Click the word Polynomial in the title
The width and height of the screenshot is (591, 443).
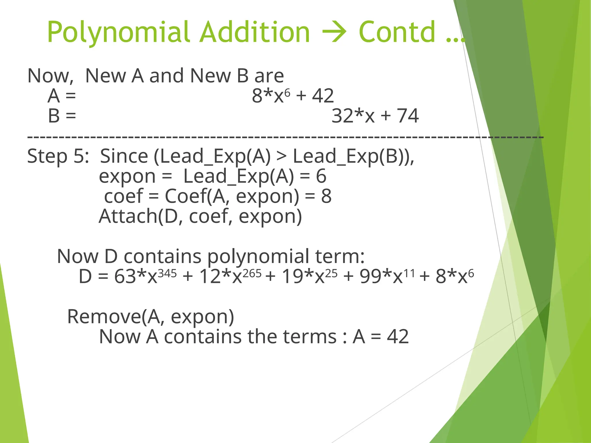click(118, 32)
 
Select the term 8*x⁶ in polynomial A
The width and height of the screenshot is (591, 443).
click(271, 95)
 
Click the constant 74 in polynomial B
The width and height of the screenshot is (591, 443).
click(408, 116)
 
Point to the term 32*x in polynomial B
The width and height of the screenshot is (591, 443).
click(353, 116)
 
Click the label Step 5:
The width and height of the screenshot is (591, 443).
click(58, 156)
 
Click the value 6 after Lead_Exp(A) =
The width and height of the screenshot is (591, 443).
click(321, 176)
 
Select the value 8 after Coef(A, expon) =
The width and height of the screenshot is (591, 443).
click(326, 196)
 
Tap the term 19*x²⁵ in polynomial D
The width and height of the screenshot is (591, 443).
click(309, 276)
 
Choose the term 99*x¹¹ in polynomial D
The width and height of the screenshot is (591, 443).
click(387, 276)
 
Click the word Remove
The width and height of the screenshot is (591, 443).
click(104, 316)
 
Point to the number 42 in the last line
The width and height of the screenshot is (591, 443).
click(398, 337)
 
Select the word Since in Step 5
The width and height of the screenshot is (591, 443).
click(124, 156)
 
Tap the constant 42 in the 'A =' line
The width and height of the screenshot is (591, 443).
click(323, 95)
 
